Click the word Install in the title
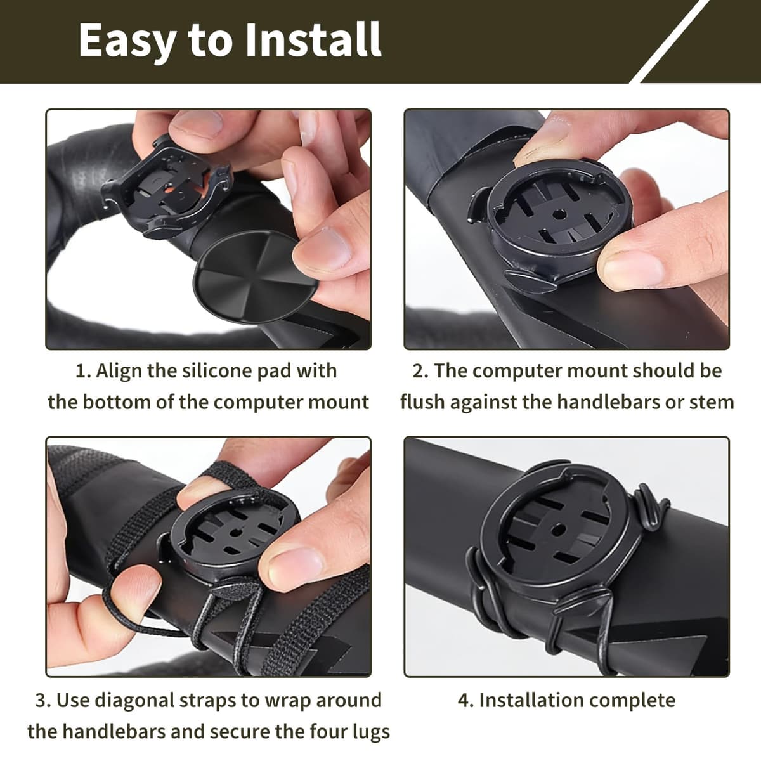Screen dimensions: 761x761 (313, 39)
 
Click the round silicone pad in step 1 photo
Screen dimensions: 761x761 (256, 277)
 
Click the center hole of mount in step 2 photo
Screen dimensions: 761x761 (559, 215)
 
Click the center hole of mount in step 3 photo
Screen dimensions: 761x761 (235, 533)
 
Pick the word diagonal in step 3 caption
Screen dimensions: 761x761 (134, 700)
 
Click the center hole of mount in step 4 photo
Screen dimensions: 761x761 (558, 529)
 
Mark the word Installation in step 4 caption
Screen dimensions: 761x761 (527, 700)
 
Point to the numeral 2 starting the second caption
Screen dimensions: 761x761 (418, 371)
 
